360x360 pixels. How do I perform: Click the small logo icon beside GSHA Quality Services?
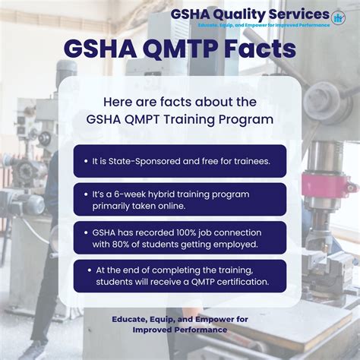[x=337, y=16]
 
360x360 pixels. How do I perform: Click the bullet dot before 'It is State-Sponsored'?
[x=86, y=161]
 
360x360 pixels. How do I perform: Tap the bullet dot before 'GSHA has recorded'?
[x=86, y=232]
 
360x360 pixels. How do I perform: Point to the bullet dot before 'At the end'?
[x=86, y=270]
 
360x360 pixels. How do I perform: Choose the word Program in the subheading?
[x=251, y=119]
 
